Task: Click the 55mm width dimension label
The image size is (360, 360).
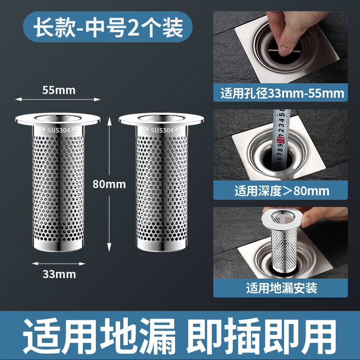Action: click(59, 90)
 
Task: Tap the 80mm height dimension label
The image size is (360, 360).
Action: click(109, 184)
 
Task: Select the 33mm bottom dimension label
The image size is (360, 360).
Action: click(59, 274)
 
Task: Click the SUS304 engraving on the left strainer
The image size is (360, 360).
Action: click(58, 130)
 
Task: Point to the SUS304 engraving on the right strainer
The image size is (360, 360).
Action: click(162, 130)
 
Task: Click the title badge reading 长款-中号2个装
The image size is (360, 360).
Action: click(108, 27)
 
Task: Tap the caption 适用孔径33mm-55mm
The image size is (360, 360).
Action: click(282, 94)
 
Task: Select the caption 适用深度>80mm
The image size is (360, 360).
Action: click(282, 191)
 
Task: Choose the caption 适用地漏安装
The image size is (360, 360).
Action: click(282, 288)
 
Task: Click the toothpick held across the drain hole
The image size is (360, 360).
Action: click(284, 50)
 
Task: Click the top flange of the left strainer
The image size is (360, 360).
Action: click(58, 119)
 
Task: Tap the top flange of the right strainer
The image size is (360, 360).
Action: click(161, 119)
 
